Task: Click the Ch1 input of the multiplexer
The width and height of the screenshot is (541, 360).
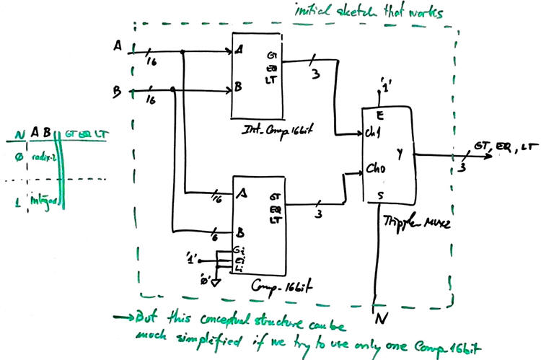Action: coord(373,134)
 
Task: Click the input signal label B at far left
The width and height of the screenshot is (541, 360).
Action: coord(117,92)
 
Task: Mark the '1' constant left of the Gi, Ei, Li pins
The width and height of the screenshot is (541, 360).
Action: coord(192,256)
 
